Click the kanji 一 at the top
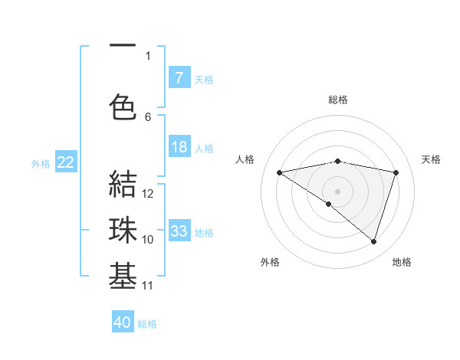pyautogui.click(x=123, y=46)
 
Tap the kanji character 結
pyautogui.click(x=123, y=185)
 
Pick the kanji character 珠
pyautogui.click(x=123, y=231)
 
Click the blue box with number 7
pyautogui.click(x=179, y=77)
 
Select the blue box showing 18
pyautogui.click(x=179, y=147)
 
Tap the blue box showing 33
pyautogui.click(x=179, y=231)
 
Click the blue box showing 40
pyautogui.click(x=123, y=322)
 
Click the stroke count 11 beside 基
pyautogui.click(x=148, y=286)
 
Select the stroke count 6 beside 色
pyautogui.click(x=148, y=116)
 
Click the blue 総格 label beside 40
pyautogui.click(x=147, y=324)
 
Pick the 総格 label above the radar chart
pyautogui.click(x=338, y=100)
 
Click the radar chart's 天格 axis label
pyautogui.click(x=432, y=159)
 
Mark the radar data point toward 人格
pyautogui.click(x=279, y=172)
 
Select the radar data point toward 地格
pyautogui.click(x=373, y=241)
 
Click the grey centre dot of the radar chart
pyautogui.click(x=337, y=191)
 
